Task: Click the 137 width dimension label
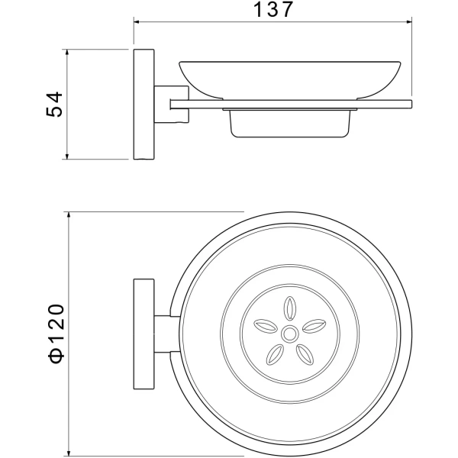pyautogui.click(x=273, y=9)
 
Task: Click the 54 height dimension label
pyautogui.click(x=54, y=105)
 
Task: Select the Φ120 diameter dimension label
pyautogui.click(x=55, y=334)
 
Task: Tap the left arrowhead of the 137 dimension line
pyautogui.click(x=137, y=21)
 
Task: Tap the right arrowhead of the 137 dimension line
pyautogui.click(x=408, y=21)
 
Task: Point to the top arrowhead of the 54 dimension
pyautogui.click(x=67, y=52)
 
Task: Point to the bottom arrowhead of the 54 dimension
pyautogui.click(x=67, y=156)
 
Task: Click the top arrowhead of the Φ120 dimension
pyautogui.click(x=69, y=215)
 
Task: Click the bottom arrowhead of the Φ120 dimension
pyautogui.click(x=69, y=452)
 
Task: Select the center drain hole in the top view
pyautogui.click(x=289, y=334)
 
